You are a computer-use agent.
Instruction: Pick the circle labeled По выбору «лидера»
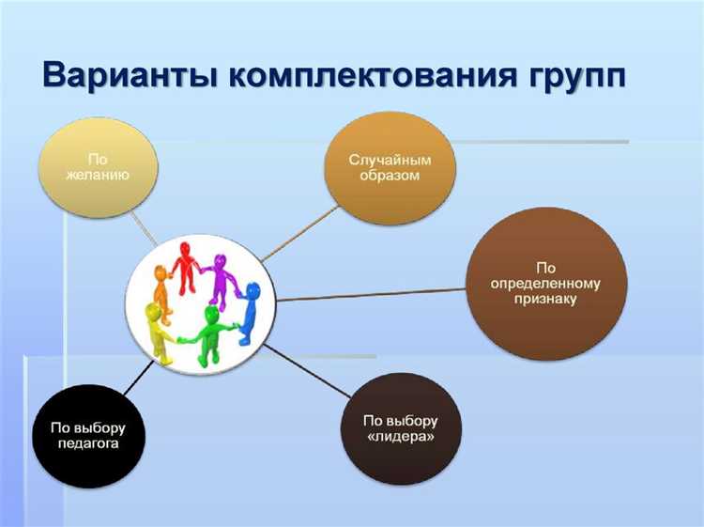pos(400,428)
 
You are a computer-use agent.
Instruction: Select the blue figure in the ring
pos(248,310)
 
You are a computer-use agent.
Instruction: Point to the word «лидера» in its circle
pos(400,437)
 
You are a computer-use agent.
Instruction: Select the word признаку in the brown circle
pos(546,301)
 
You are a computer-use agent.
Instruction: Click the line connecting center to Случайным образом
pos(300,231)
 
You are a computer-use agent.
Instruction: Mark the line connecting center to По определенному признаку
pos(375,295)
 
